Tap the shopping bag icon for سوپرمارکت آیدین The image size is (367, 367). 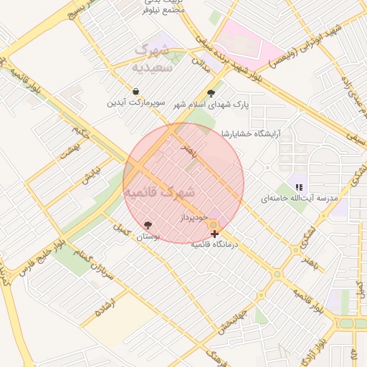(136, 92)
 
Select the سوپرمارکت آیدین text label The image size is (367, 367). (136, 103)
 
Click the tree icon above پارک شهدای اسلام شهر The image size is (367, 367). (211, 93)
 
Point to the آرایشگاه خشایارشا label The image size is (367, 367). (250, 133)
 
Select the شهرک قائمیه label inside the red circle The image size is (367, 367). (160, 193)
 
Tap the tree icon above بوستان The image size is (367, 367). (148, 225)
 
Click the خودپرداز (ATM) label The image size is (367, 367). (194, 216)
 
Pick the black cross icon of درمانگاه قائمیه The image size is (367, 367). (214, 234)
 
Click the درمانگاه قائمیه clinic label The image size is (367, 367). (215, 244)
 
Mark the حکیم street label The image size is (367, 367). (80, 131)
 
